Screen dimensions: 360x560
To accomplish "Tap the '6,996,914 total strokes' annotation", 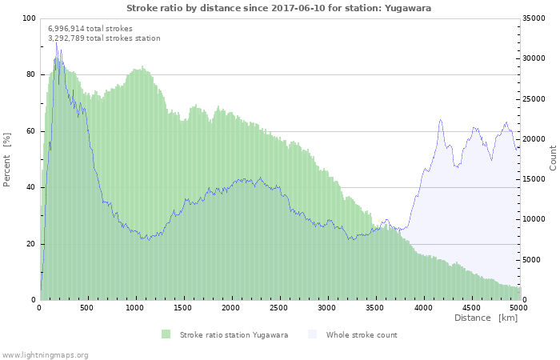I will [x=90, y=28].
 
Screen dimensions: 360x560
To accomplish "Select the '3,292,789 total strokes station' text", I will [x=104, y=38].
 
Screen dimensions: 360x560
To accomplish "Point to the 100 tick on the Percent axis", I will [x=30, y=18].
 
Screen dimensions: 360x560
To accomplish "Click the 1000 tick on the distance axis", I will [x=135, y=307].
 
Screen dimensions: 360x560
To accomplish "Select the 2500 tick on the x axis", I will [x=279, y=307].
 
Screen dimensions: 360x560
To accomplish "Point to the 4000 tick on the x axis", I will [x=422, y=307].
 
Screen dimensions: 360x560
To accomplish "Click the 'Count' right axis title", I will [x=553, y=158].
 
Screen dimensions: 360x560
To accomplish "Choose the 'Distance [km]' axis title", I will [x=486, y=318].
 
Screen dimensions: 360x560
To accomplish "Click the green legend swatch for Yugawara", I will [x=166, y=334].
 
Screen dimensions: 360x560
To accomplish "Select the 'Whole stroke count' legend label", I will [x=362, y=334].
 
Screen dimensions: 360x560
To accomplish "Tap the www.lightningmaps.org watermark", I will [x=46, y=354].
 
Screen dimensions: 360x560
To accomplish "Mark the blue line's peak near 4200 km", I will [x=440, y=120].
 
